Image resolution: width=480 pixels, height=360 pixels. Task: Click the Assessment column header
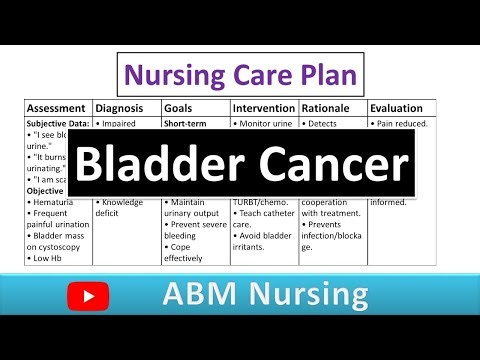[56, 108]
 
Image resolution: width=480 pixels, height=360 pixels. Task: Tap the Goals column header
[183, 108]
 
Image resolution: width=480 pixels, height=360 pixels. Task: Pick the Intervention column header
[264, 108]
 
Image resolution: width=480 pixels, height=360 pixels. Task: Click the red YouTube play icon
[91, 296]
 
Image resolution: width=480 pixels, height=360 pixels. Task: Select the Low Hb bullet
[50, 257]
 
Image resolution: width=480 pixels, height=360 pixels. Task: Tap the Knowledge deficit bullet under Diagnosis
[122, 207]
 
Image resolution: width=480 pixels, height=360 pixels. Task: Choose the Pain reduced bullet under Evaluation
[400, 123]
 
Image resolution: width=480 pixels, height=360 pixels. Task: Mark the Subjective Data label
[58, 123]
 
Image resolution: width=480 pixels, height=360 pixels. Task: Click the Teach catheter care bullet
[263, 218]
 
